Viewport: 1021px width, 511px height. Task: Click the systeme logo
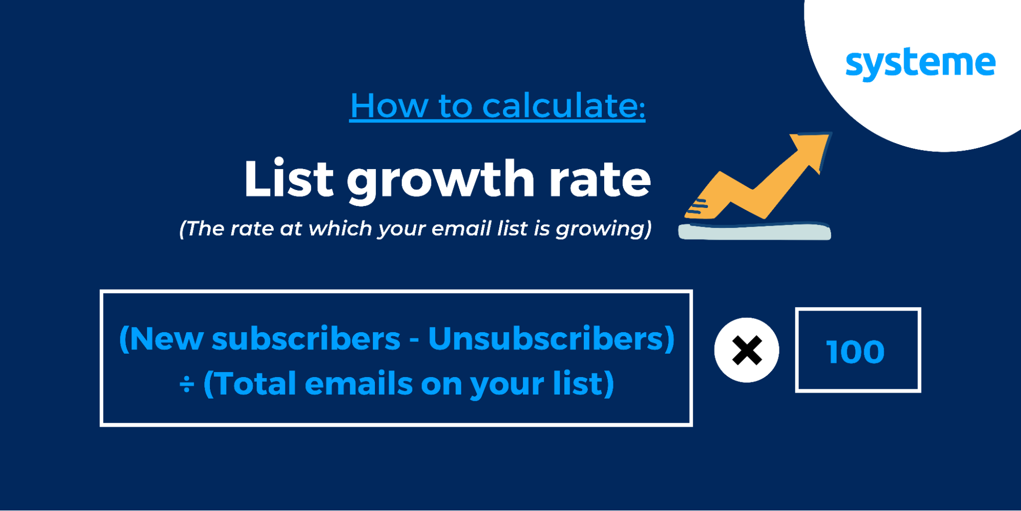click(920, 64)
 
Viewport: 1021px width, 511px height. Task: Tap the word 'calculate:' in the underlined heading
click(564, 106)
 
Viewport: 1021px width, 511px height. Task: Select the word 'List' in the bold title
click(289, 178)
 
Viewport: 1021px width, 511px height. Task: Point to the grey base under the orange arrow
click(754, 231)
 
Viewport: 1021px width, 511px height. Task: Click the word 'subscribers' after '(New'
click(306, 339)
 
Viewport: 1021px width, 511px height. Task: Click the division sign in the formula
click(187, 384)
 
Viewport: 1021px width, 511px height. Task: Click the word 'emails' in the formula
click(359, 384)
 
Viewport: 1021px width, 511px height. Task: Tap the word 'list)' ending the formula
click(584, 384)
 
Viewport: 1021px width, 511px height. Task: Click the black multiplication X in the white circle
click(747, 351)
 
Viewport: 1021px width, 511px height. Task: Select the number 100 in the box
click(856, 352)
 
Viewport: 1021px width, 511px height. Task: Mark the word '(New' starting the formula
click(161, 339)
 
